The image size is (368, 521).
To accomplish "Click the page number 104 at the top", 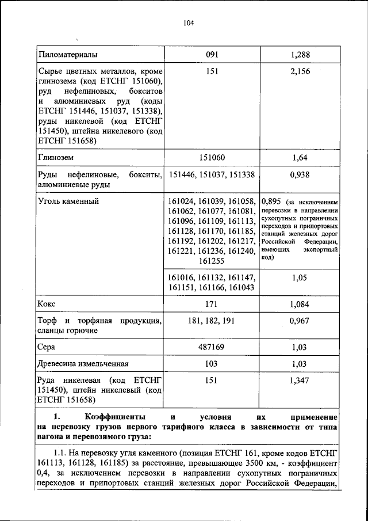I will [189, 23].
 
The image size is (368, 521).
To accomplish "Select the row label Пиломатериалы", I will [68, 55].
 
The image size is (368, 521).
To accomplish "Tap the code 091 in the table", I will [212, 55].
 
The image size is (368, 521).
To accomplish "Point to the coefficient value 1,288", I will [300, 55].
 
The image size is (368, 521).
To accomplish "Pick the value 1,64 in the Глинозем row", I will [300, 157].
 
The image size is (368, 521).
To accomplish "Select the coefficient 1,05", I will [300, 277].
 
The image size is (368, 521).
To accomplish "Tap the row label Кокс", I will [47, 303].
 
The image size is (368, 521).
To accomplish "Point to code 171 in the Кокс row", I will [212, 303].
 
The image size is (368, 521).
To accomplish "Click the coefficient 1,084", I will [300, 303].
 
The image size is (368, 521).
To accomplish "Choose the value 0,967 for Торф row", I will [300, 320].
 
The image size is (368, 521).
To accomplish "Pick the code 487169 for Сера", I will [212, 347].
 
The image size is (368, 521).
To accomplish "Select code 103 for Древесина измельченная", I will [212, 364].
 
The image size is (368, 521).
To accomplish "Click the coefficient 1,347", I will [300, 381].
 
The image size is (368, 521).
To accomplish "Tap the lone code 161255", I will [212, 261].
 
